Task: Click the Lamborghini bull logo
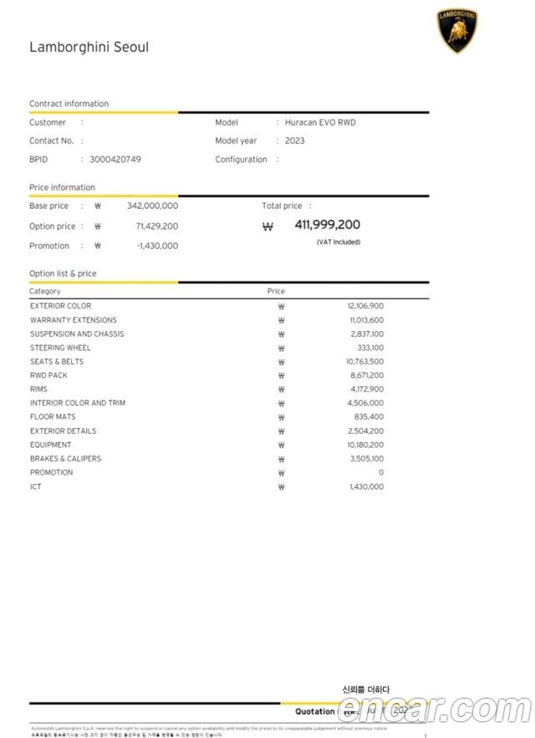coord(457,31)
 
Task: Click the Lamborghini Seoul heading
coord(89,48)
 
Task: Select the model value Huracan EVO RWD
coord(320,123)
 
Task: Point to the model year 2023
coord(295,141)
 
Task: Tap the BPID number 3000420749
coord(115,160)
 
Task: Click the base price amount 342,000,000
coord(152,206)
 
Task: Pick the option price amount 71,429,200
coord(156,226)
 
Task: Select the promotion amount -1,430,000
coord(157,247)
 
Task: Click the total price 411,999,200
coord(327,225)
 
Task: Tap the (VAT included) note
coord(339,242)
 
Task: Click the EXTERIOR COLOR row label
coord(61,307)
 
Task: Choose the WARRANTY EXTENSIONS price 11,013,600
coord(366,320)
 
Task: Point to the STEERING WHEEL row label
coord(61,348)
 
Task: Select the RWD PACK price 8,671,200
coord(366,375)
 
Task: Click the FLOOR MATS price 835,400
coord(369,417)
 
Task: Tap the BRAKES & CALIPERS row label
coord(65,459)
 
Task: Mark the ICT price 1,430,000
coord(366,486)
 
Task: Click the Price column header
coord(276,292)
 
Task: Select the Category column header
coord(45,292)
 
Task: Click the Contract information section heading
coord(69,104)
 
